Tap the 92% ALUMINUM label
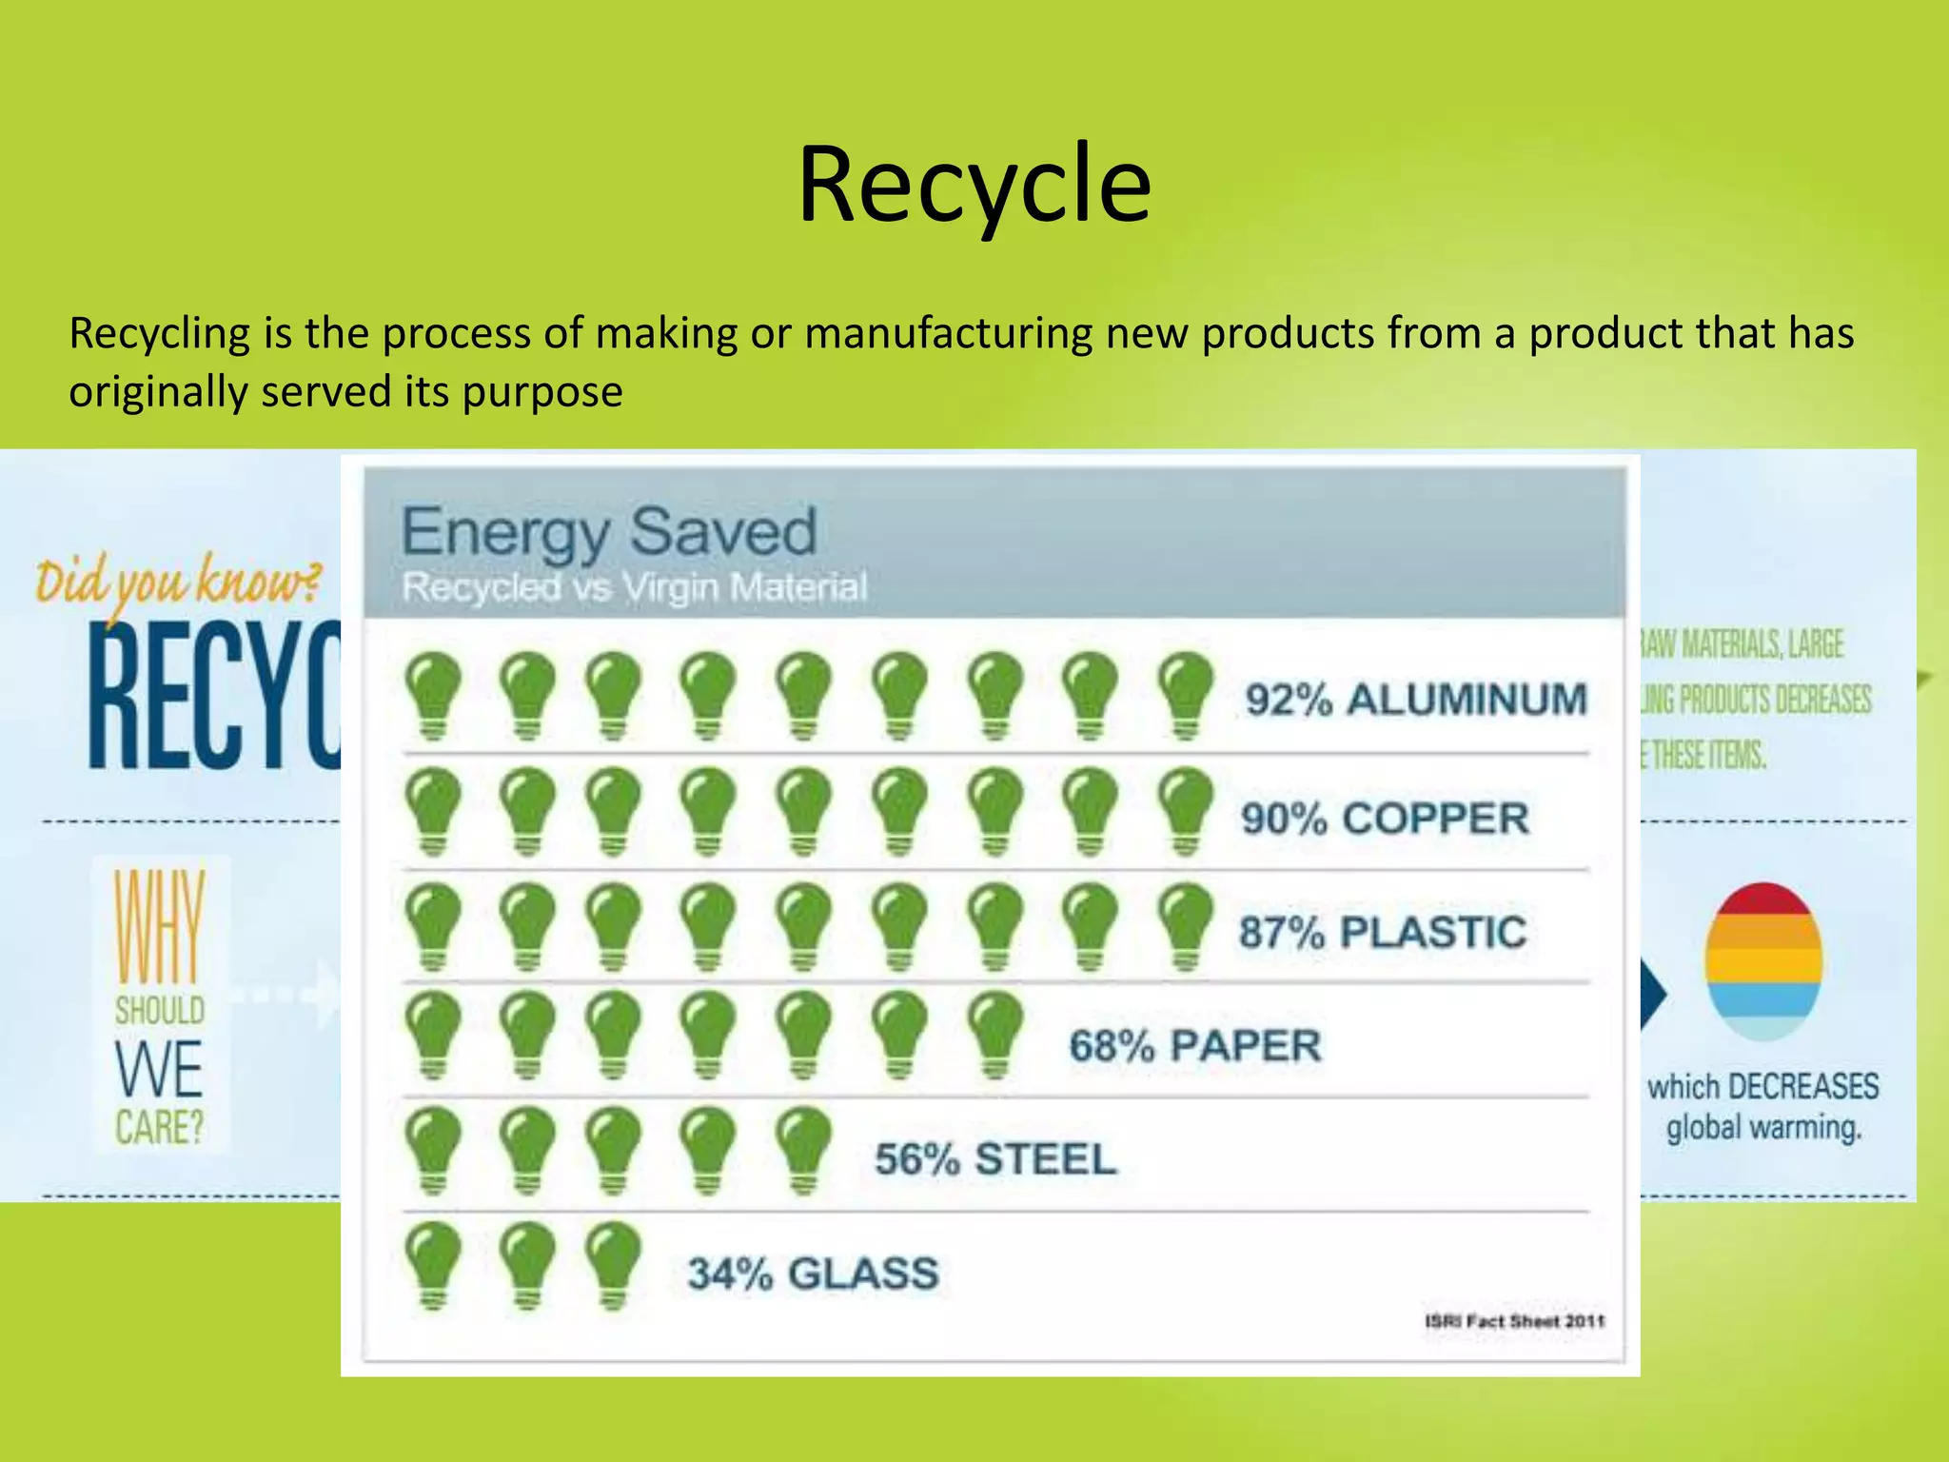(x=1416, y=700)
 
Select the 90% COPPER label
(x=1385, y=819)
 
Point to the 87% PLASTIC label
(x=1382, y=932)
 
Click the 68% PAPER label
(x=1195, y=1046)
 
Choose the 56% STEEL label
(x=995, y=1159)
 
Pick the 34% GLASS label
(x=813, y=1274)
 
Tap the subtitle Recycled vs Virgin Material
(x=634, y=587)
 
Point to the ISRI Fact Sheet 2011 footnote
(x=1514, y=1321)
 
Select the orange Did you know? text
(x=178, y=581)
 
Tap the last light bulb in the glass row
(x=613, y=1265)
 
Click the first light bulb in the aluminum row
(x=433, y=696)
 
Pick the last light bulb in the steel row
(x=803, y=1150)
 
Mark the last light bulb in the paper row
(x=994, y=1035)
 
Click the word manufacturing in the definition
(x=948, y=334)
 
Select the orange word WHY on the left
(x=159, y=926)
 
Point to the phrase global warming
(x=1763, y=1128)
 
